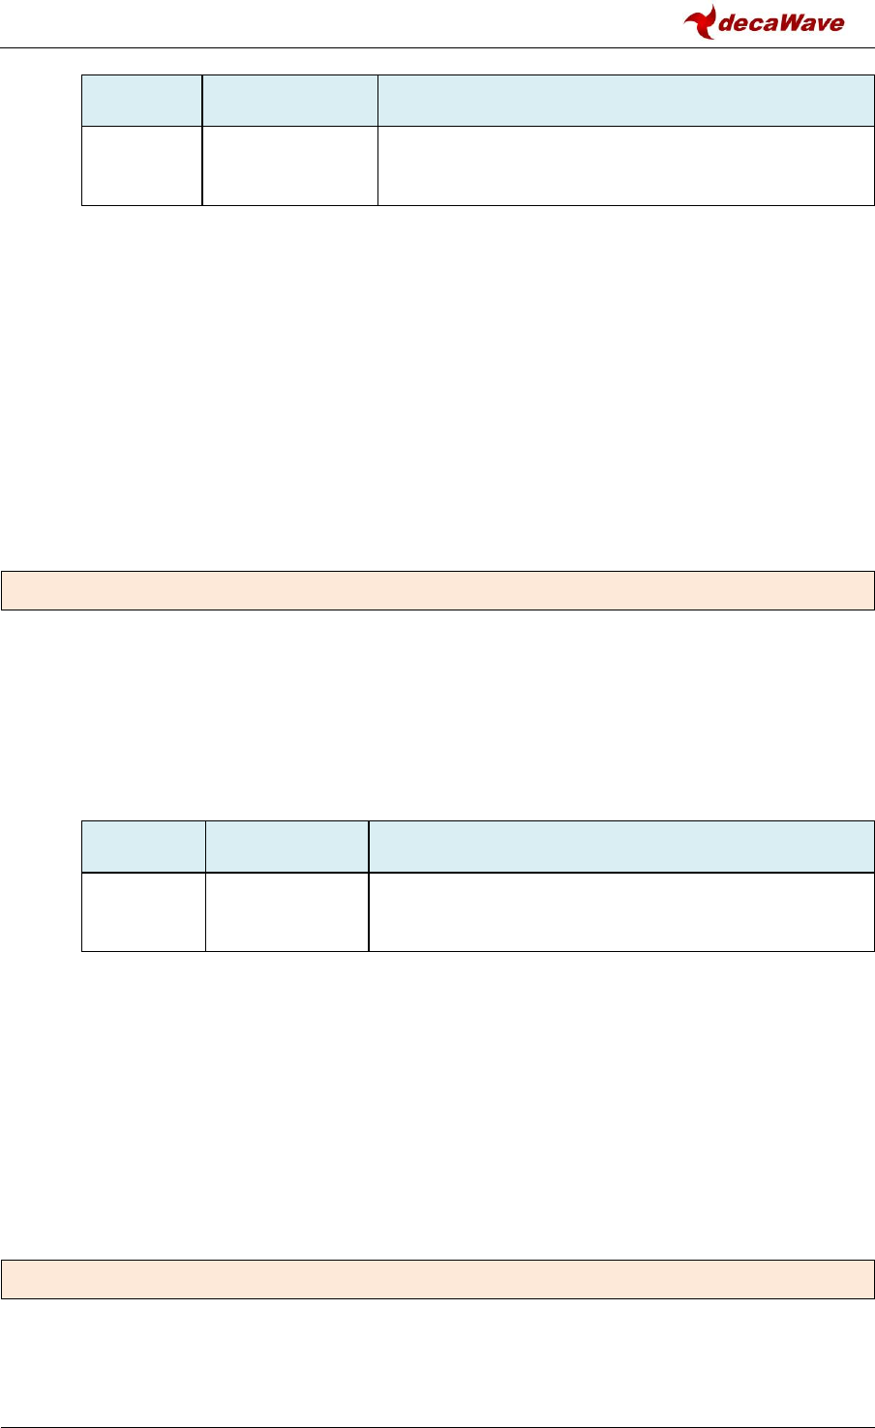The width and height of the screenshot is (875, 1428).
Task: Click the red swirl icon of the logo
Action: (x=700, y=20)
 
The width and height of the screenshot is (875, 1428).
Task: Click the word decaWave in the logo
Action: (x=780, y=23)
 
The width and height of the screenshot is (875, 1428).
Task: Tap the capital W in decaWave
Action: (x=788, y=23)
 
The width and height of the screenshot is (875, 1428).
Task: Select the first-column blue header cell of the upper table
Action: (x=142, y=101)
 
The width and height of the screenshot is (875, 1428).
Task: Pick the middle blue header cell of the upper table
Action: (x=289, y=101)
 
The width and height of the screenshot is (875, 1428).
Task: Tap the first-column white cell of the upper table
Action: (x=142, y=165)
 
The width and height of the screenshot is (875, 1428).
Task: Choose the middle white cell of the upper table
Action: (x=289, y=165)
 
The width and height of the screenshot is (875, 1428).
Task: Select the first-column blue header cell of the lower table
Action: (x=143, y=847)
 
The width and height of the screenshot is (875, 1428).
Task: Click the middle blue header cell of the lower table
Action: (x=287, y=847)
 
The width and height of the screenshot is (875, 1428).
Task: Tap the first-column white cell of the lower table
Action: (x=143, y=911)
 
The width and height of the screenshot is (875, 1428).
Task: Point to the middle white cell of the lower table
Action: (x=287, y=911)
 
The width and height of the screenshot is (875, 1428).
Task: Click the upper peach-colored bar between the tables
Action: (x=437, y=591)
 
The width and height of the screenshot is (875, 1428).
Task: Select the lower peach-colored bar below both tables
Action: (x=437, y=1279)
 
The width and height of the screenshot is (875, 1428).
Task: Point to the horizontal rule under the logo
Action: (x=437, y=47)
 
